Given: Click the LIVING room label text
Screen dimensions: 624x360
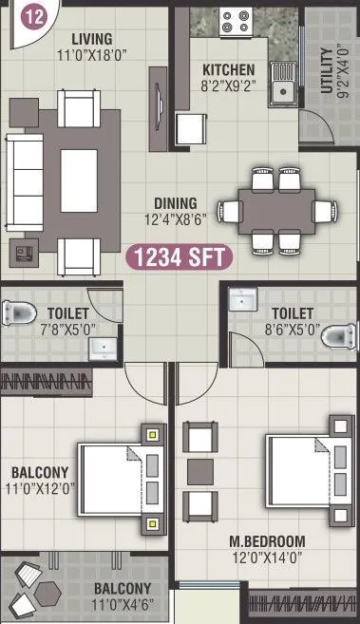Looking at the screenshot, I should coord(91,39).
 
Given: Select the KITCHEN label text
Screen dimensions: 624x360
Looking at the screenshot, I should coord(229,70).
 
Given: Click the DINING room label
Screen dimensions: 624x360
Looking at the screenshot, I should coord(177,203).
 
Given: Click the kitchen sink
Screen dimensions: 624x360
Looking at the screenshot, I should coord(282,90).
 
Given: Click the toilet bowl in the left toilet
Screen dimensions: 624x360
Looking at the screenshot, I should coord(18,312).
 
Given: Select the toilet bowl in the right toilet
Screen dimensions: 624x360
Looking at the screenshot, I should coord(343,334).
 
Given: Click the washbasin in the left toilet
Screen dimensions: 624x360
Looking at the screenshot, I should coord(103,349).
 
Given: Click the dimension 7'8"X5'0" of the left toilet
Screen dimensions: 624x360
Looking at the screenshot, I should coord(67,329).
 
